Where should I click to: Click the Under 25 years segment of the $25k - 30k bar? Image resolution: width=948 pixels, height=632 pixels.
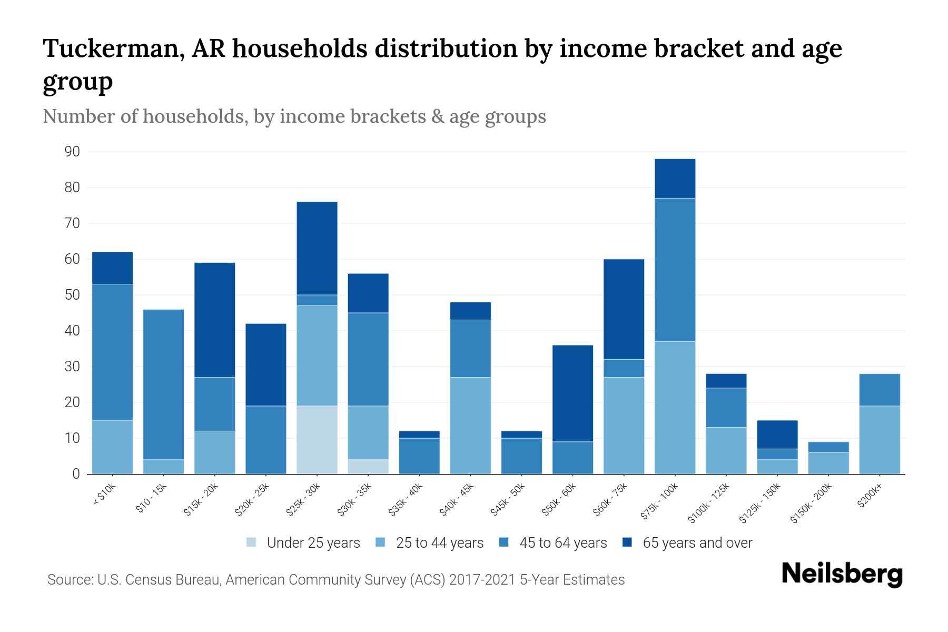pyautogui.click(x=317, y=440)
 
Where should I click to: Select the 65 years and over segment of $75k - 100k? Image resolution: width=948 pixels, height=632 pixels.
pyautogui.click(x=675, y=179)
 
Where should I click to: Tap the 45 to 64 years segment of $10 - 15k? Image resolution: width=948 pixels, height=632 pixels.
pyautogui.click(x=164, y=384)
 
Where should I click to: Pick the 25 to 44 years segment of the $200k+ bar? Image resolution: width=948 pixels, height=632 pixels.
pyautogui.click(x=879, y=440)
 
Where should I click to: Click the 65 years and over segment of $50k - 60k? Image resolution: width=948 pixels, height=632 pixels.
pyautogui.click(x=572, y=393)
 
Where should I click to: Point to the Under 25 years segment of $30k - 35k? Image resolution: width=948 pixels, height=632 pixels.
pyautogui.click(x=368, y=467)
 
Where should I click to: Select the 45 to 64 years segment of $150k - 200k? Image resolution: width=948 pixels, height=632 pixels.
pyautogui.click(x=828, y=447)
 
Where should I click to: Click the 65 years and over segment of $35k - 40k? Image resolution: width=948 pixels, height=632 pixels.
pyautogui.click(x=419, y=434)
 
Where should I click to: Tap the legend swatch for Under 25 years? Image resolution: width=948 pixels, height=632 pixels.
pyautogui.click(x=252, y=542)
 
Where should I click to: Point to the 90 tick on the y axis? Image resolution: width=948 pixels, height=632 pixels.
pyautogui.click(x=72, y=152)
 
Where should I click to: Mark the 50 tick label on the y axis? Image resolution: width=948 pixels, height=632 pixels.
pyautogui.click(x=72, y=295)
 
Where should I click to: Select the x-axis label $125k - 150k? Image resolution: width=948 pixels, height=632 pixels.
pyautogui.click(x=759, y=503)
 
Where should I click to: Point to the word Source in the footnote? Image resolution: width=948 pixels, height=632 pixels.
pyautogui.click(x=70, y=580)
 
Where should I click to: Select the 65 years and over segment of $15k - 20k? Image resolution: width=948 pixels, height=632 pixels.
pyautogui.click(x=215, y=320)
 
